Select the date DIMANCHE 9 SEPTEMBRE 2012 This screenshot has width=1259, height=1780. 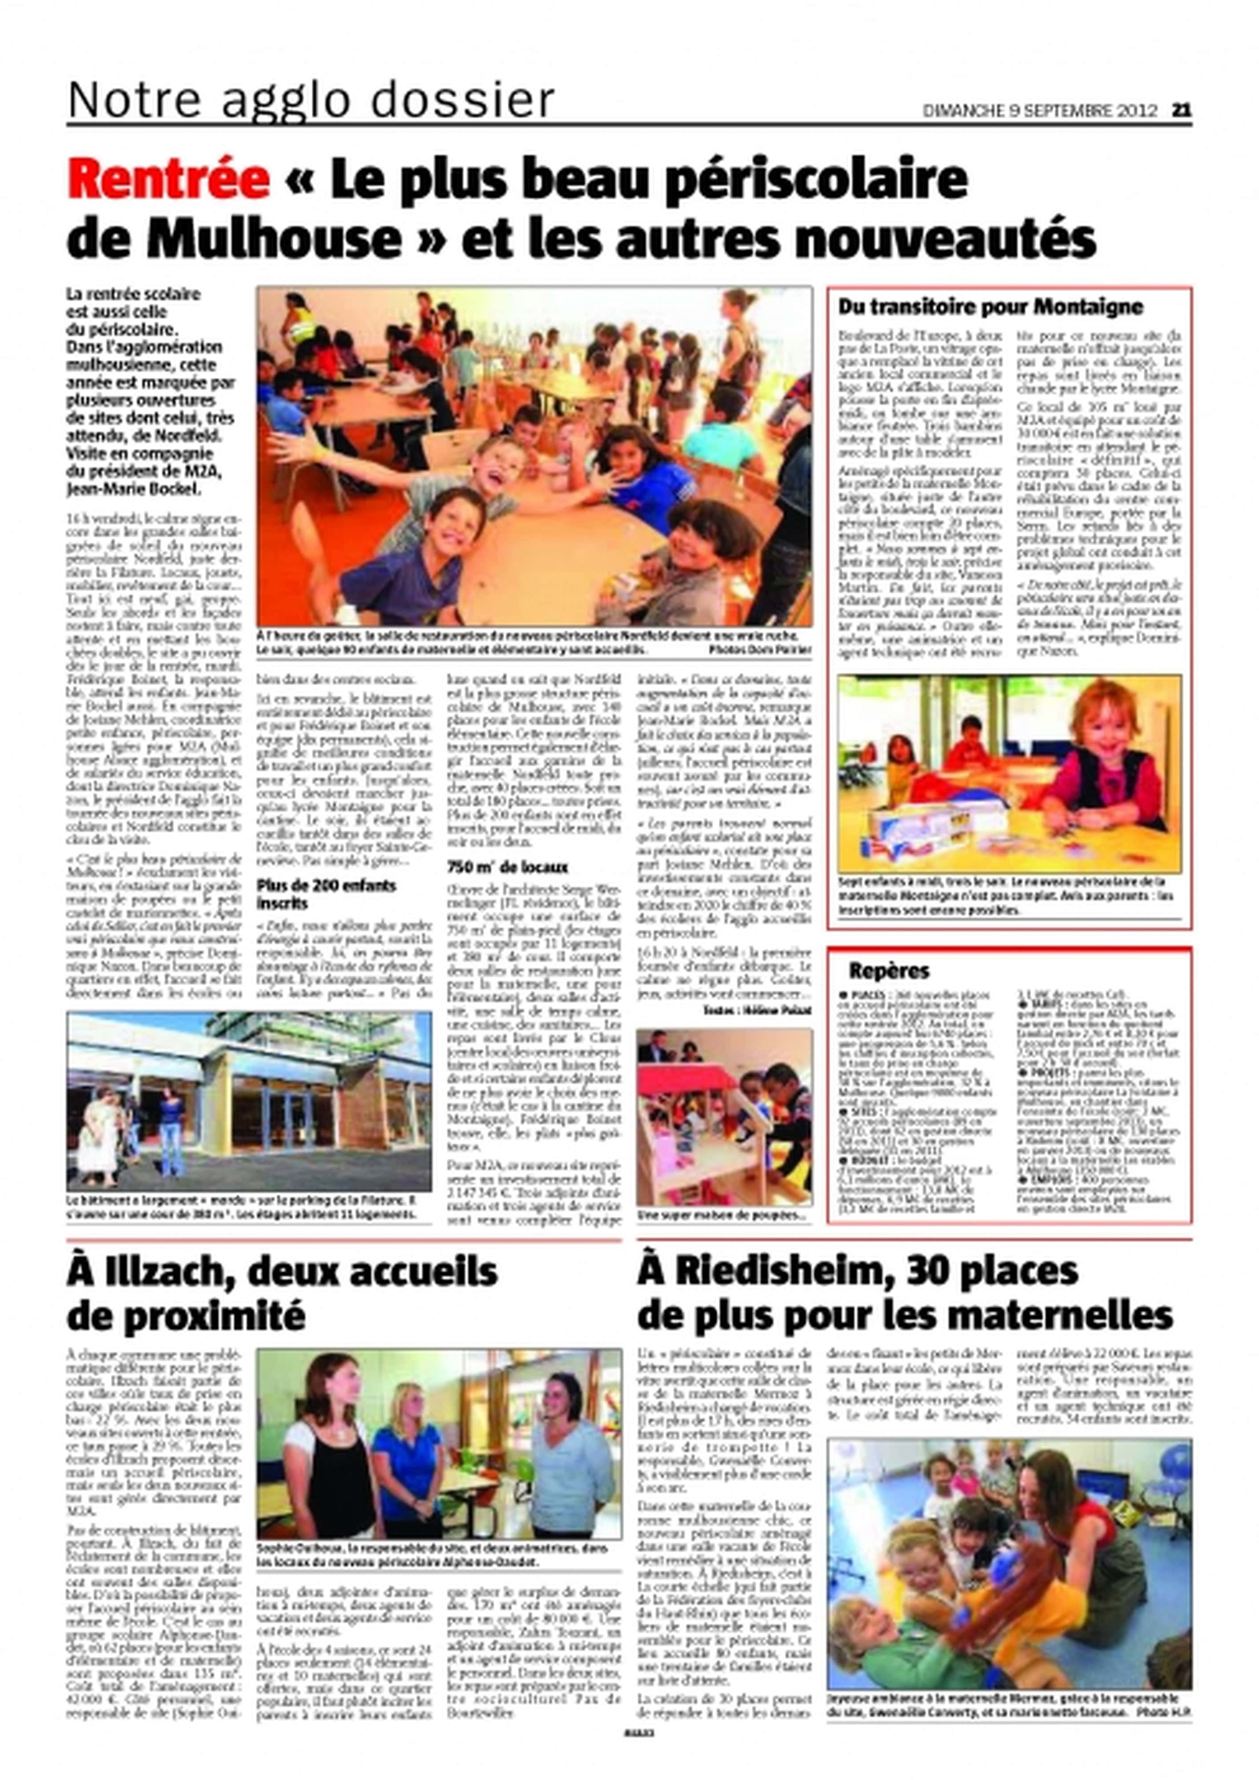click(1039, 111)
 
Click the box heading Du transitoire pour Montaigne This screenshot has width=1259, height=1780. click(990, 307)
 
